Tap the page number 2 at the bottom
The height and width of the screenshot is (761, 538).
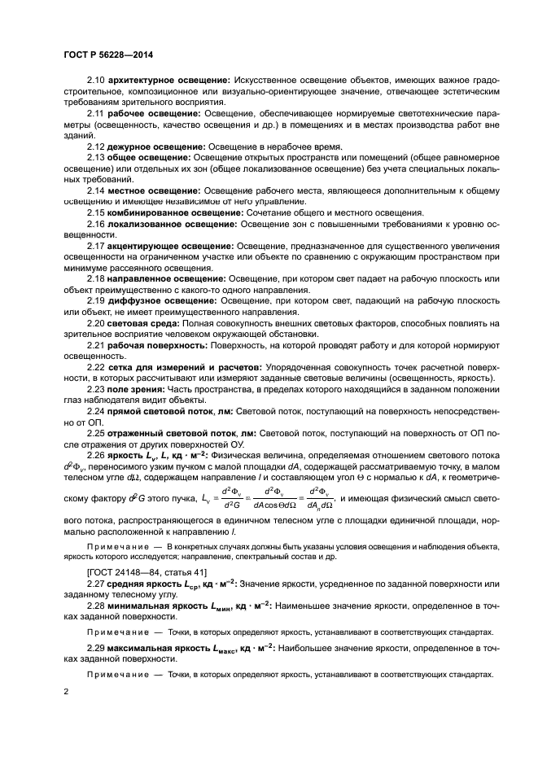click(65, 692)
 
